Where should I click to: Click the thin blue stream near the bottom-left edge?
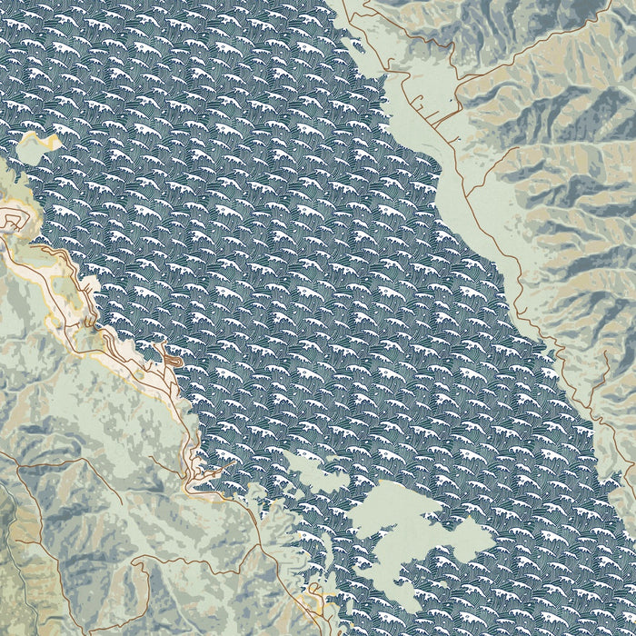click(x=7, y=509)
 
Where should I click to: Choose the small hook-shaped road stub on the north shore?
click(x=350, y=9)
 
